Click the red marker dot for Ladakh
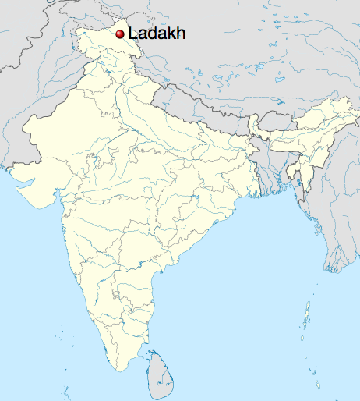[x=120, y=34]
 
